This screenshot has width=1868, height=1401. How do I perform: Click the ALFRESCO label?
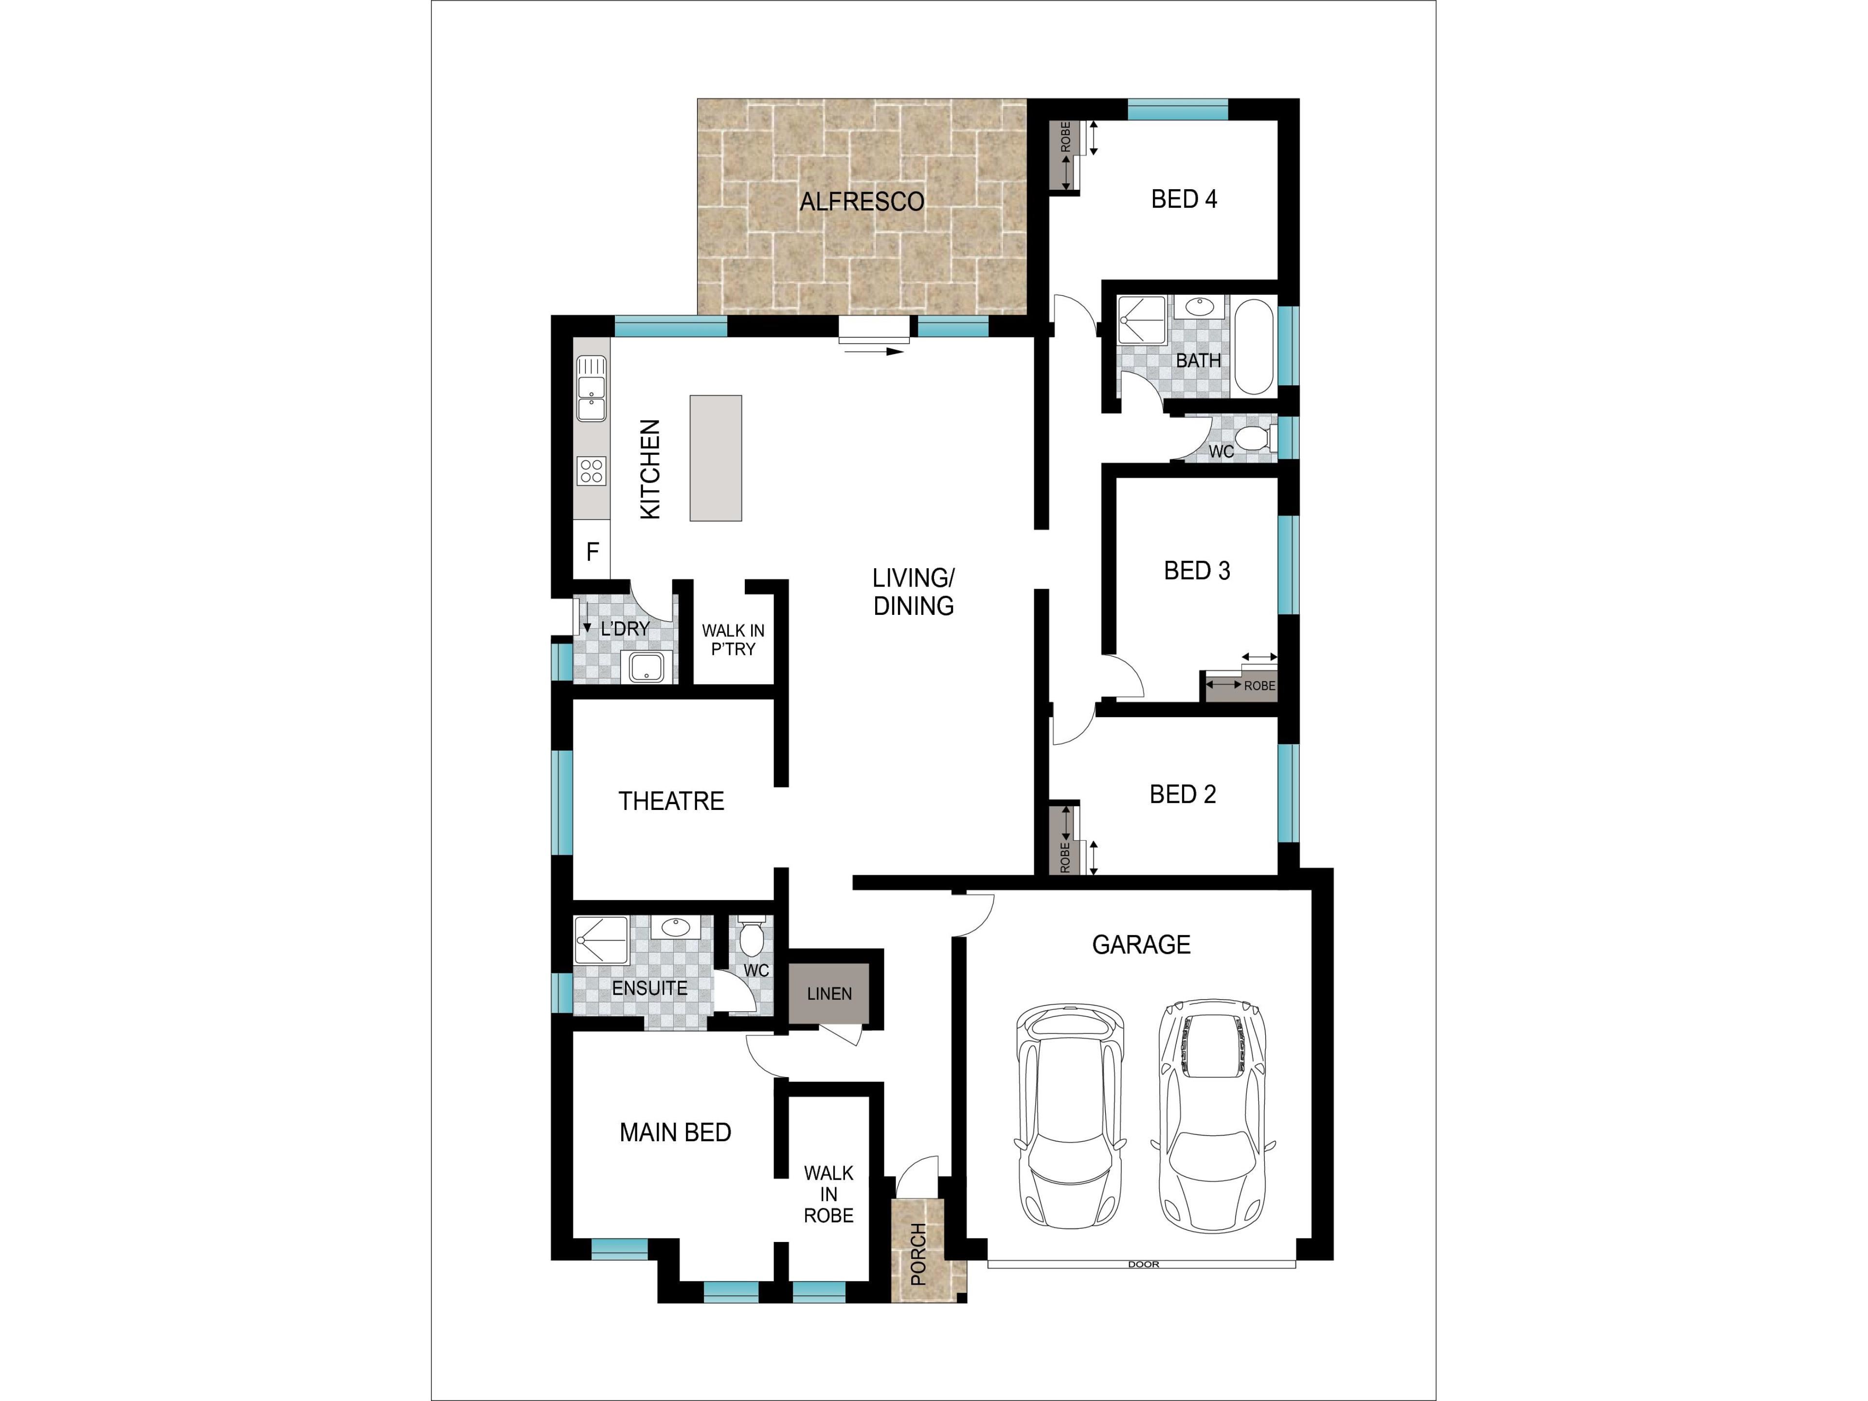click(x=862, y=202)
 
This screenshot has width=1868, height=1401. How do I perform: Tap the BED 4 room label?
click(x=1184, y=199)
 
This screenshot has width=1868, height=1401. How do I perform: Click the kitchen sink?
click(x=591, y=389)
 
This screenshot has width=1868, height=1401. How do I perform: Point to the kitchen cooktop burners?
click(x=591, y=470)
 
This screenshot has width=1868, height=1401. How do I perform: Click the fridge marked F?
click(x=592, y=552)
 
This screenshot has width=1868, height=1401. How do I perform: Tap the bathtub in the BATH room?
click(x=1254, y=346)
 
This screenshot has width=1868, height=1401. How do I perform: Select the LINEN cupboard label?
click(x=829, y=994)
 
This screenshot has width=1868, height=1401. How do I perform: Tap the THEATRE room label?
click(x=671, y=801)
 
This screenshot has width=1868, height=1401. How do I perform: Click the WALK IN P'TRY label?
click(x=733, y=639)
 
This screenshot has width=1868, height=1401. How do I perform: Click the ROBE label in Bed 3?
click(x=1259, y=686)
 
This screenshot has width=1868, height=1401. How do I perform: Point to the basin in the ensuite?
click(x=676, y=927)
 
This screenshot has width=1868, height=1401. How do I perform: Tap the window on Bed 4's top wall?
click(x=1177, y=109)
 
